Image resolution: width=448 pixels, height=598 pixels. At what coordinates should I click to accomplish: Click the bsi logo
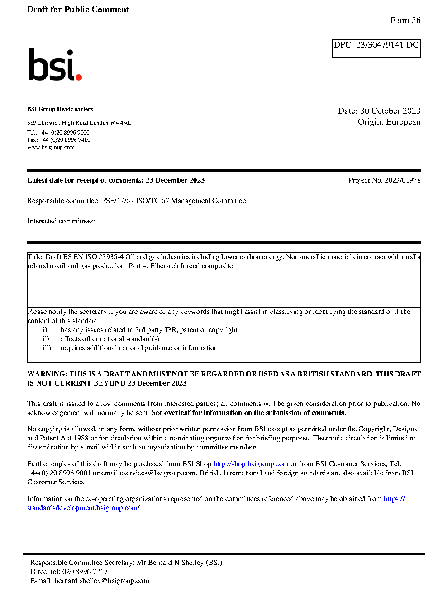[55, 65]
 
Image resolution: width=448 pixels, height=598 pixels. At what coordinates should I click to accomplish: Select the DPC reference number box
[376, 48]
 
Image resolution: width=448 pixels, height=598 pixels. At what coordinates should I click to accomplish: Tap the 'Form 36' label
[405, 20]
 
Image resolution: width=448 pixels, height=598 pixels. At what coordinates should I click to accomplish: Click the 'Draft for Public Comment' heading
[78, 10]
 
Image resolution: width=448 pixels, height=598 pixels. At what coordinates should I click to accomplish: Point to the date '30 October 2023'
[390, 111]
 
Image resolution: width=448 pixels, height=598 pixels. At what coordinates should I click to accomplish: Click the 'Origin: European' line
[389, 122]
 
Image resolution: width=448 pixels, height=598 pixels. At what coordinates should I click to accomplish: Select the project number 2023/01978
[402, 180]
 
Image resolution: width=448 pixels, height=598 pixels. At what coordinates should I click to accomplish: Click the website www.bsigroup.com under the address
[51, 147]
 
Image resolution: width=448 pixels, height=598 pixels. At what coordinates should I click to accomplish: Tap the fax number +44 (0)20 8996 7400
[65, 140]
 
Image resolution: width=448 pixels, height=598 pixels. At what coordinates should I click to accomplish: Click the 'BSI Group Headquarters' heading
[60, 109]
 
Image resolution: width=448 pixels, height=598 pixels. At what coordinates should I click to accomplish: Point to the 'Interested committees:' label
[61, 221]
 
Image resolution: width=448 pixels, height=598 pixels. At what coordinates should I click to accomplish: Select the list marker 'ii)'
[46, 339]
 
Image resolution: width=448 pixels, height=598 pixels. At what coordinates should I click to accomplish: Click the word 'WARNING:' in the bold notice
[47, 374]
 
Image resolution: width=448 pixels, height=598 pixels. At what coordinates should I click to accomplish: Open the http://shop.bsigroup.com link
[251, 464]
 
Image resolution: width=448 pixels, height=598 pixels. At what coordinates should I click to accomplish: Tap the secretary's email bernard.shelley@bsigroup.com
[102, 581]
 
